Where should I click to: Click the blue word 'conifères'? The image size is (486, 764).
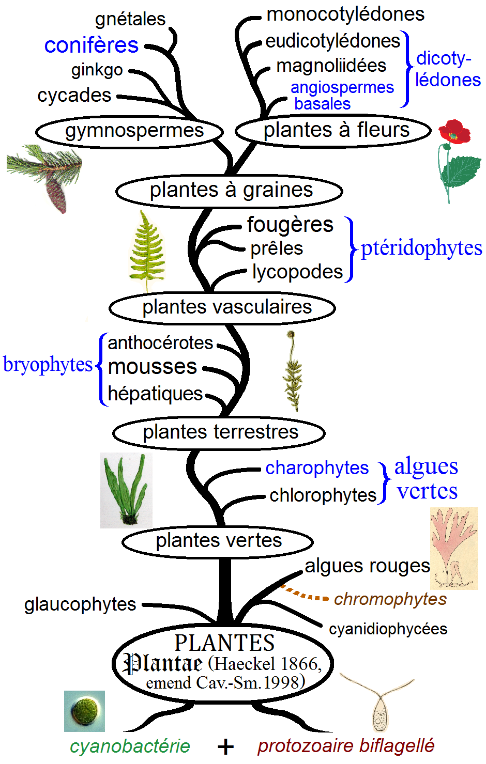(92, 45)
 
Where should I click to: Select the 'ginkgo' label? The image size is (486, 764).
(97, 70)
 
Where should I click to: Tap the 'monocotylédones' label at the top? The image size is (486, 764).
(345, 14)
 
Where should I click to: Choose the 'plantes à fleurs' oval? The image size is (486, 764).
(333, 130)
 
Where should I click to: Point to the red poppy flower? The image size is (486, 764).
(454, 132)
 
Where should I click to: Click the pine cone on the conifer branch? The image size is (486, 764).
(56, 191)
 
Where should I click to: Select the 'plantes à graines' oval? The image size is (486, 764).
(230, 191)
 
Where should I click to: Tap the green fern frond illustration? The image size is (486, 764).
(147, 251)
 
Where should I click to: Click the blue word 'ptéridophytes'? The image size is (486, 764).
(421, 248)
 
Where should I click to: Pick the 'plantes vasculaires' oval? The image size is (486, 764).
(222, 307)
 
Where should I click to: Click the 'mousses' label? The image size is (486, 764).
(153, 367)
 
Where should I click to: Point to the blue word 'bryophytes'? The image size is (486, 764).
(48, 365)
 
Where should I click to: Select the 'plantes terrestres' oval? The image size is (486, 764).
(219, 432)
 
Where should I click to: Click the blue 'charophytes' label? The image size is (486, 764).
(317, 468)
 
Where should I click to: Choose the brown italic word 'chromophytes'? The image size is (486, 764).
(390, 599)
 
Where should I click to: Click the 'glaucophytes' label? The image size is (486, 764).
(80, 604)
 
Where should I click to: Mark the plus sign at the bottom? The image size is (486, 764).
(225, 746)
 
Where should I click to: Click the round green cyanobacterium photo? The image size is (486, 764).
(84, 711)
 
